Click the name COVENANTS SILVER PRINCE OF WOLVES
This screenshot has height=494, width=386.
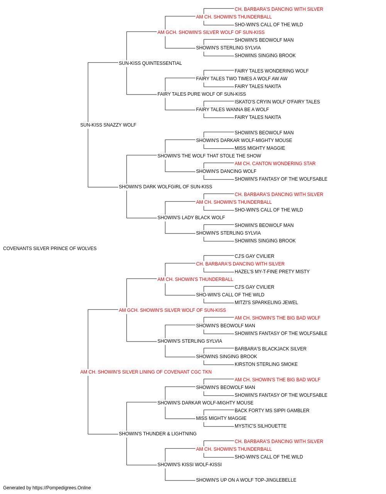pyautogui.click(x=50, y=249)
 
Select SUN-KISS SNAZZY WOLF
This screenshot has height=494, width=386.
pyautogui.click(x=108, y=125)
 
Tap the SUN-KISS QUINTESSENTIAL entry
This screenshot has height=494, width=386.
pyautogui.click(x=150, y=63)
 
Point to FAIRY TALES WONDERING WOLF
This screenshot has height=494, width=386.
pyautogui.click(x=271, y=71)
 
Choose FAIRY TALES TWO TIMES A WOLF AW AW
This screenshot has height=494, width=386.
pyautogui.click(x=242, y=79)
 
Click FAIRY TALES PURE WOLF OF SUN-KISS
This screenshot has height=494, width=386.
pyautogui.click(x=201, y=94)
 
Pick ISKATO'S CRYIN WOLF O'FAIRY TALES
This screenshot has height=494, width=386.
pyautogui.click(x=277, y=102)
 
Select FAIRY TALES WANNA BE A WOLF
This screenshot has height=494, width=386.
pyautogui.click(x=232, y=110)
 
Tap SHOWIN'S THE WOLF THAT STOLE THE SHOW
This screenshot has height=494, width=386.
pyautogui.click(x=209, y=156)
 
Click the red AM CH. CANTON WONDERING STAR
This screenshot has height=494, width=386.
pyautogui.click(x=275, y=164)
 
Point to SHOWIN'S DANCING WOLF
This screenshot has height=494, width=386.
pyautogui.click(x=226, y=171)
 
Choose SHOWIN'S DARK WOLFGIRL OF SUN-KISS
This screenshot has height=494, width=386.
pyautogui.click(x=166, y=187)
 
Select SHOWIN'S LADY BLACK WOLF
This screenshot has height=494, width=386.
pyautogui.click(x=191, y=218)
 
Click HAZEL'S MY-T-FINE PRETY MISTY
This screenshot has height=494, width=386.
pyautogui.click(x=272, y=272)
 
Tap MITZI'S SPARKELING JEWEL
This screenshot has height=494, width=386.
pyautogui.click(x=266, y=303)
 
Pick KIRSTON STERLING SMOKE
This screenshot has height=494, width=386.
pyautogui.click(x=266, y=364)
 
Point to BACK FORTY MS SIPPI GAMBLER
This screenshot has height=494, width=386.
pyautogui.click(x=272, y=411)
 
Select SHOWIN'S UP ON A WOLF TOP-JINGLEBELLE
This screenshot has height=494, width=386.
pyautogui.click(x=246, y=480)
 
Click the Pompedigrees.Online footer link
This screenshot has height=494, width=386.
pyautogui.click(x=62, y=488)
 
